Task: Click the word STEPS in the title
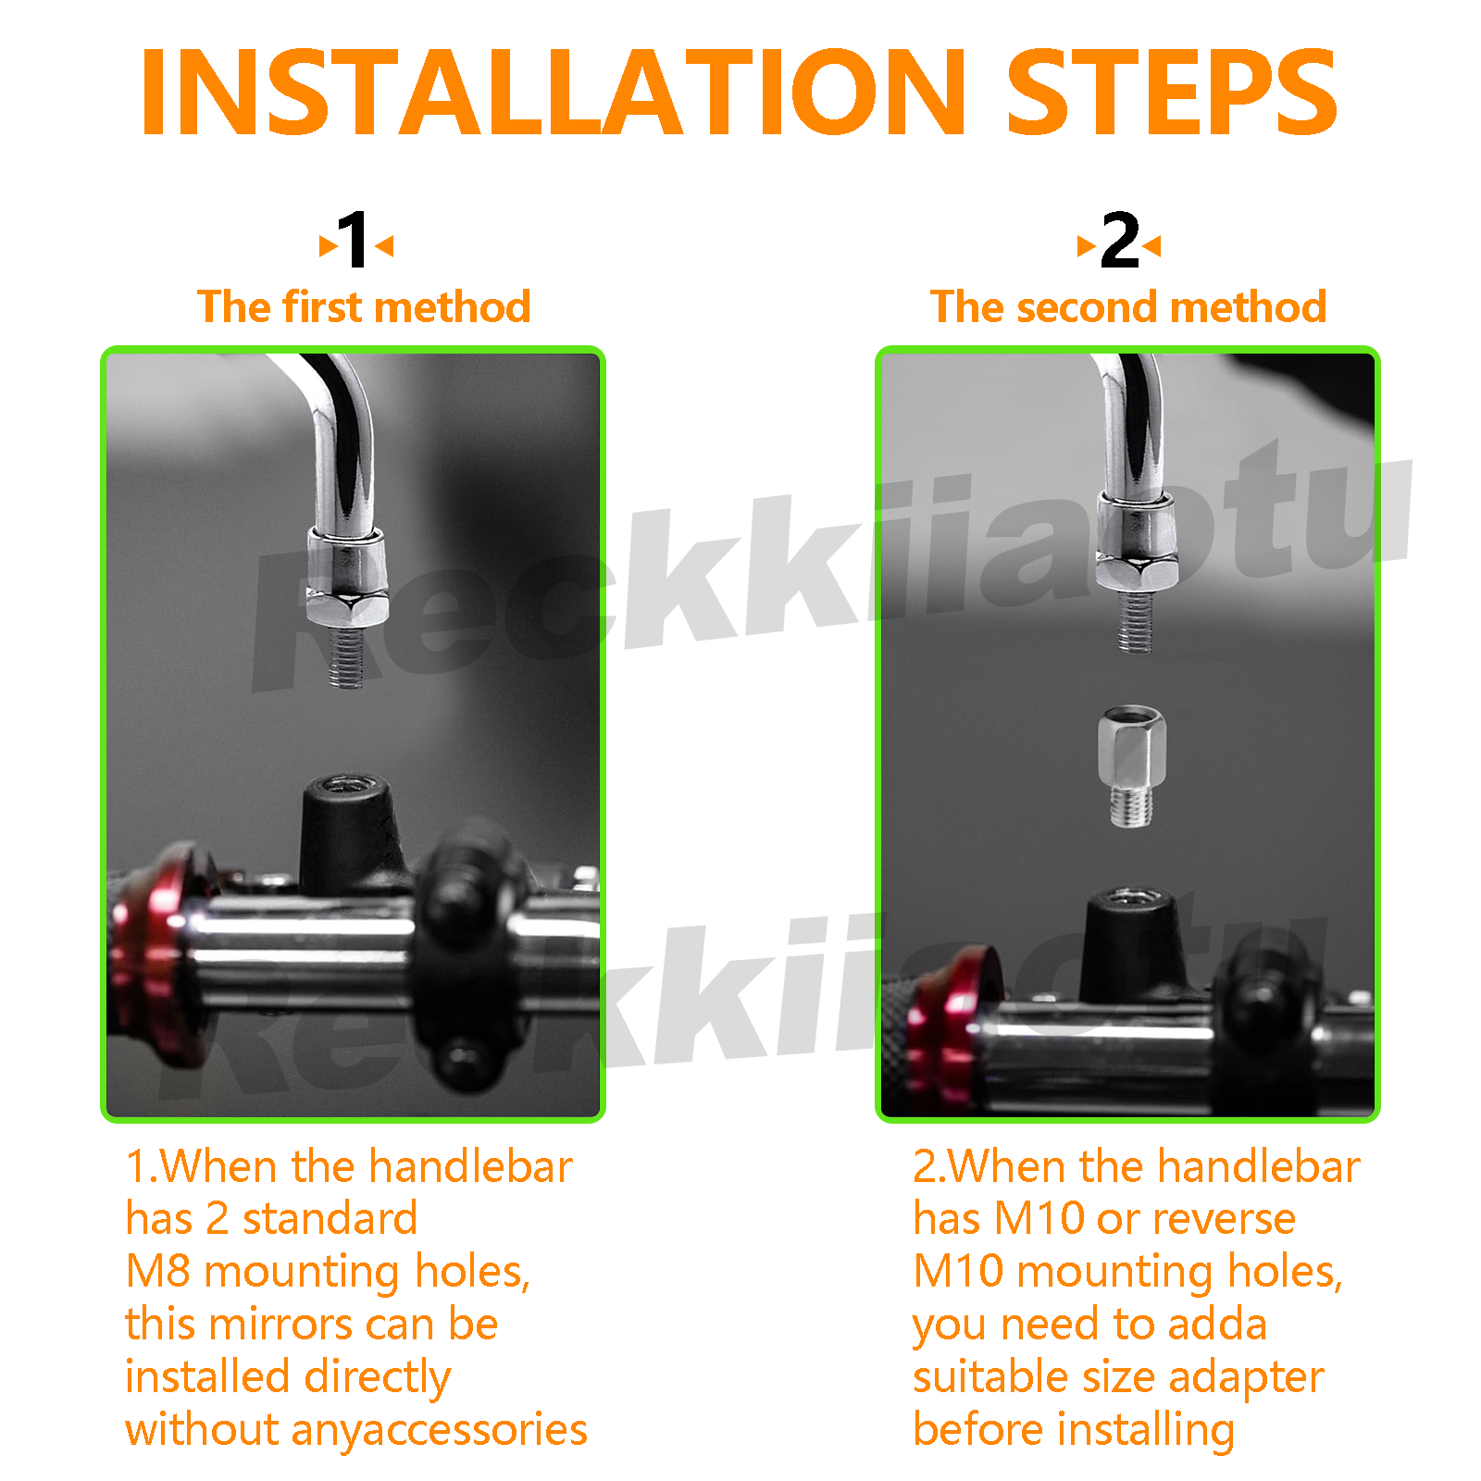(x=1171, y=93)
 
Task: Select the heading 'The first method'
(x=364, y=306)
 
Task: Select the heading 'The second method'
(x=1128, y=306)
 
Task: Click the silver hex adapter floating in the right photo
(x=1131, y=766)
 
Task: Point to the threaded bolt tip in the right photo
(x=1134, y=621)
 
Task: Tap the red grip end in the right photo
(x=949, y=1027)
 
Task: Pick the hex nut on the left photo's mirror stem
(x=347, y=592)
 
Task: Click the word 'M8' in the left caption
(x=157, y=1272)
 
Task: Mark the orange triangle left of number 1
(x=328, y=245)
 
